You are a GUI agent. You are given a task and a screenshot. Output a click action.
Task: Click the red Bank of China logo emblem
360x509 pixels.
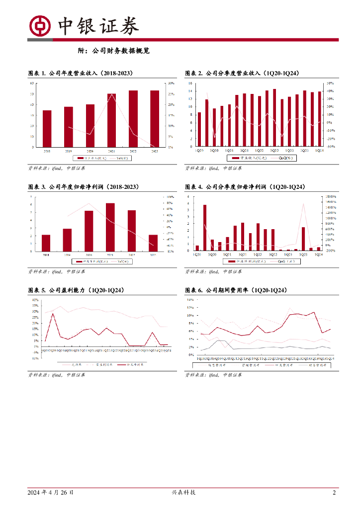(x=40, y=26)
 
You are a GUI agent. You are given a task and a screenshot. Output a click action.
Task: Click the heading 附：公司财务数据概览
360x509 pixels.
(x=114, y=50)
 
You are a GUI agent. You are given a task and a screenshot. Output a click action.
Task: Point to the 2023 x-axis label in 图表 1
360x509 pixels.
(x=155, y=150)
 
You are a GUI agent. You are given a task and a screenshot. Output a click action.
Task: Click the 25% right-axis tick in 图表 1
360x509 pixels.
(x=171, y=94)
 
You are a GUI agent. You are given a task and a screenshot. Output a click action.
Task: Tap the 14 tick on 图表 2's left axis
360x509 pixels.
(x=190, y=84)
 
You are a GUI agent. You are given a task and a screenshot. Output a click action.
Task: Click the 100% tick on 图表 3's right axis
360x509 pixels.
(x=170, y=197)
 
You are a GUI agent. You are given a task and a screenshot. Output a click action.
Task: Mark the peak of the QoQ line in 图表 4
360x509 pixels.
(x=303, y=203)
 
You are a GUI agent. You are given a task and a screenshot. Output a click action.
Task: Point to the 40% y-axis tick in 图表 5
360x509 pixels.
(x=35, y=300)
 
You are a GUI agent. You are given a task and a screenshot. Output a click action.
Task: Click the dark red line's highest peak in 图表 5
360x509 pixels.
(x=53, y=314)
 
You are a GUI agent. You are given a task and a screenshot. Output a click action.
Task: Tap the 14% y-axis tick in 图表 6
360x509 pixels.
(x=191, y=300)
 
